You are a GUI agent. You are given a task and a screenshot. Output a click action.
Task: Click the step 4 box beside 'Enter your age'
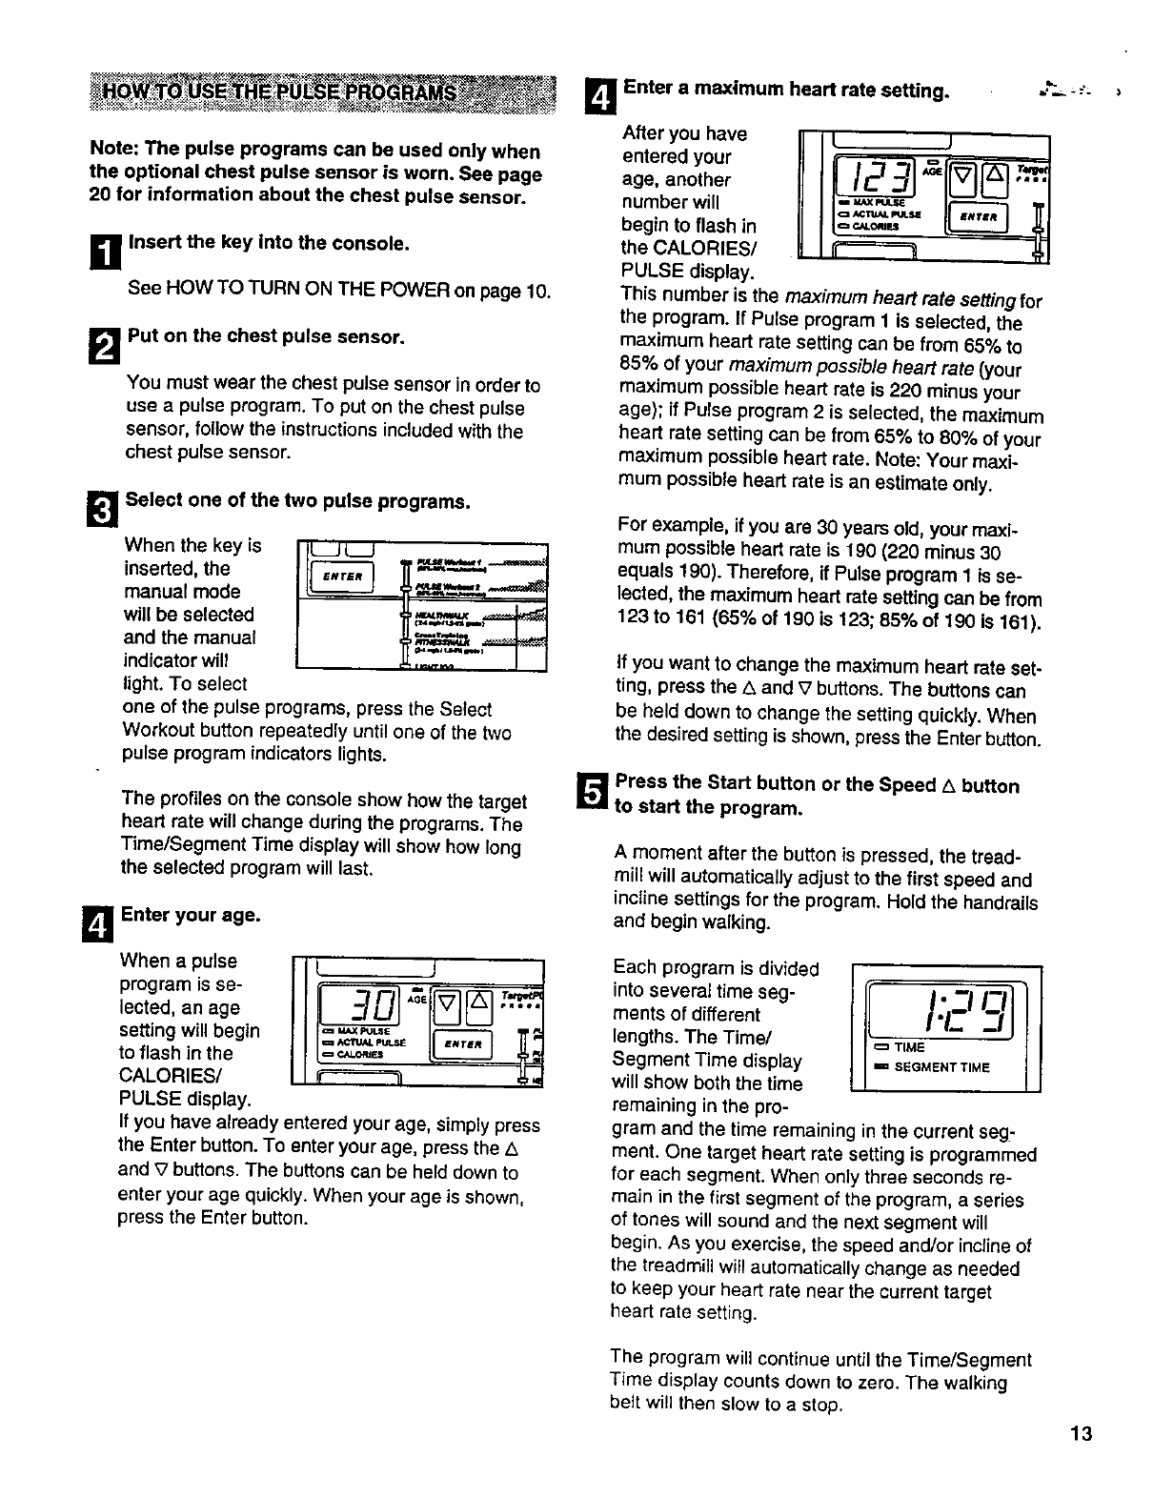[x=104, y=922]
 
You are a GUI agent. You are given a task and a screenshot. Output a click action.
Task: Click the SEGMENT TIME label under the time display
[x=941, y=1067]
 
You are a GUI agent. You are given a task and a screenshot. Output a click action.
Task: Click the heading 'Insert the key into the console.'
[x=269, y=243]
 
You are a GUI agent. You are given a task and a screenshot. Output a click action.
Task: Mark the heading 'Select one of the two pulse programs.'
[x=298, y=501]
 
